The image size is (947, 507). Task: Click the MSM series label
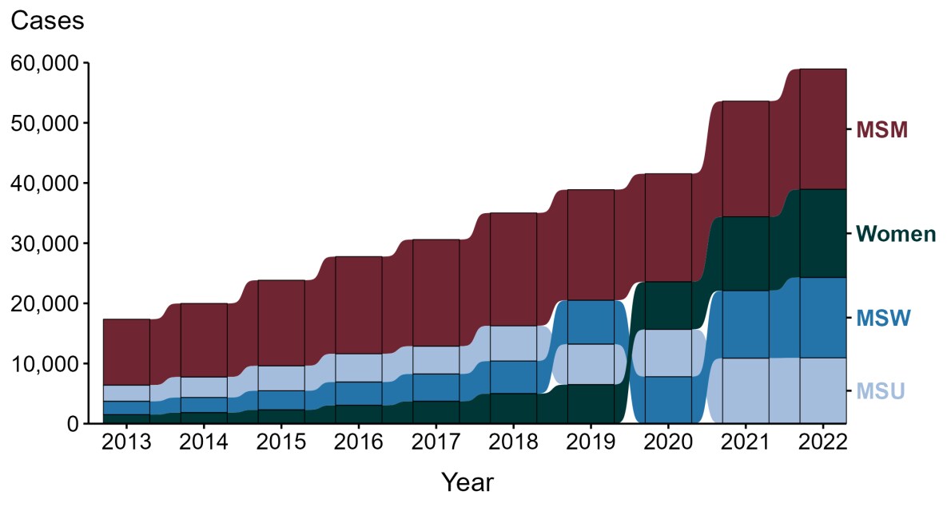click(881, 130)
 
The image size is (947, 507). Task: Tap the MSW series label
click(883, 318)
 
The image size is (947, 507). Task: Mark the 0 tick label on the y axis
click(72, 424)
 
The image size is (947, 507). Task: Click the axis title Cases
click(47, 22)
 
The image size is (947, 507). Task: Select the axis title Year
click(468, 482)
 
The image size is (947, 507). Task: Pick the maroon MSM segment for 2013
click(127, 352)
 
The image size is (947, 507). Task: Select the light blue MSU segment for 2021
click(746, 390)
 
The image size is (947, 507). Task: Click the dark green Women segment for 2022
click(822, 233)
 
